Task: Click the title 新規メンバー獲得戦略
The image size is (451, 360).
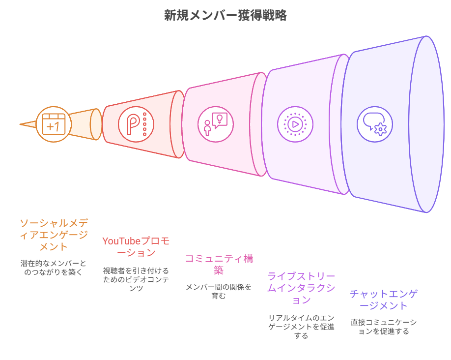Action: click(225, 15)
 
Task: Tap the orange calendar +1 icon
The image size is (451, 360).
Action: click(54, 124)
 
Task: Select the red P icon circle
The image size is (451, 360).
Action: click(136, 124)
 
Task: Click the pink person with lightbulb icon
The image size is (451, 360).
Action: click(216, 124)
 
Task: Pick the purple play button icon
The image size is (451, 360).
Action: click(295, 124)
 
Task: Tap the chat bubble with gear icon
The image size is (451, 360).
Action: click(375, 124)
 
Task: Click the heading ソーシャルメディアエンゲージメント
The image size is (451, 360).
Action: click(54, 235)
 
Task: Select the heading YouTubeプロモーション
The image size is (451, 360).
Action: click(136, 247)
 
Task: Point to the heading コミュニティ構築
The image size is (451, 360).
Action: click(219, 264)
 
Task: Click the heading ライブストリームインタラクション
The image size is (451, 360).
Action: click(301, 288)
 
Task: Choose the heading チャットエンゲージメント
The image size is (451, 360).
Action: click(384, 300)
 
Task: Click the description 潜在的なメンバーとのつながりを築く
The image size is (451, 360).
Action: click(54, 268)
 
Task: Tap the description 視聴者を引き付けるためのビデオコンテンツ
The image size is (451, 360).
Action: click(136, 279)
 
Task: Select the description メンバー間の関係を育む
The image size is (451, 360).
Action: click(219, 291)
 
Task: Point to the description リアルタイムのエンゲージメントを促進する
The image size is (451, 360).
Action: click(301, 327)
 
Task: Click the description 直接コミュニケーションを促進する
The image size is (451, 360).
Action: click(384, 327)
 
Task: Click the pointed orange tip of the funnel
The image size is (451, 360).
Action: click(20, 124)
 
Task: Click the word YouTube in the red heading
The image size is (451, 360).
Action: click(121, 241)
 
